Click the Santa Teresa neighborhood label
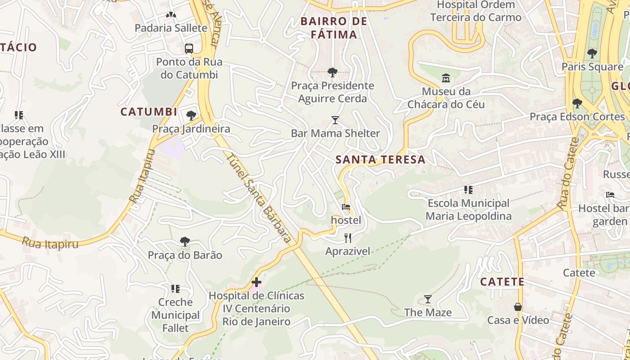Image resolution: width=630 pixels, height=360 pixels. click(x=380, y=159)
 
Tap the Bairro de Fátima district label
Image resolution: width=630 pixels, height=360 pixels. click(x=333, y=28)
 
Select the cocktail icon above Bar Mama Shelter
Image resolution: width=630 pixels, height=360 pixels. click(x=335, y=120)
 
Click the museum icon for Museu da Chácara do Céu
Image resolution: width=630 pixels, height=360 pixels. click(x=446, y=78)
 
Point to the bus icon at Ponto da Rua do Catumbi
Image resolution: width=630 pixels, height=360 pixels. click(x=189, y=48)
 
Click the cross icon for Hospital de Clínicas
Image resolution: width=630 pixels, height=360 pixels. click(x=256, y=283)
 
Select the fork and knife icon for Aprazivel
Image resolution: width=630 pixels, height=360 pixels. click(x=347, y=238)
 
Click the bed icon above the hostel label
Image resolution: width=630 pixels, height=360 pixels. click(x=346, y=207)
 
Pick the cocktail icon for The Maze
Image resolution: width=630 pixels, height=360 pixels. click(x=428, y=299)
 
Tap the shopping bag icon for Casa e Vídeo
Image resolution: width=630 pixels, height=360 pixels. click(x=518, y=307)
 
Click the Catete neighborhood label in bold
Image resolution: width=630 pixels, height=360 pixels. click(x=502, y=282)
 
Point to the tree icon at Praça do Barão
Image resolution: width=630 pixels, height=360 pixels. click(x=185, y=242)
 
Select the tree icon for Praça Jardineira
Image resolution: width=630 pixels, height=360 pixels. click(x=191, y=116)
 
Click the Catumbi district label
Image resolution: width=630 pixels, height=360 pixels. click(x=148, y=112)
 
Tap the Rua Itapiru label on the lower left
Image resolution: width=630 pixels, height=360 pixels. click(x=50, y=243)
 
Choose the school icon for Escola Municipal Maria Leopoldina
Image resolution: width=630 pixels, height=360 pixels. click(x=468, y=190)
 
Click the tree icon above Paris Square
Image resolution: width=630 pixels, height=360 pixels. click(x=592, y=53)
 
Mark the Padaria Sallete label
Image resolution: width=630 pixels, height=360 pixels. click(x=171, y=28)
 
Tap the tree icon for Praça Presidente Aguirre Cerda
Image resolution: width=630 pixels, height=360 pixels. click(x=333, y=72)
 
